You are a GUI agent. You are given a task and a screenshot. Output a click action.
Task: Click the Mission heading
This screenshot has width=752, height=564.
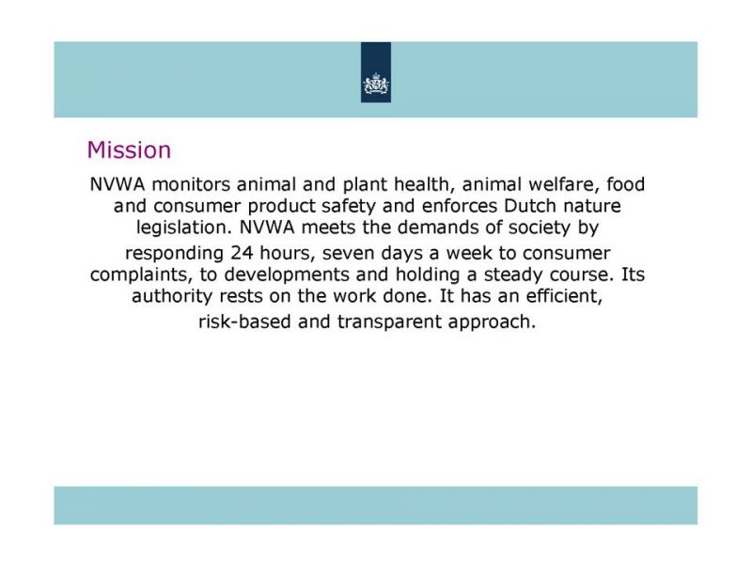tap(129, 149)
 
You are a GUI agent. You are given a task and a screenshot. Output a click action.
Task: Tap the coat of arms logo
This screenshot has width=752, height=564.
tap(376, 84)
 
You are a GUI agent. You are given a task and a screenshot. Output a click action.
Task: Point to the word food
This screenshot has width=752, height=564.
tap(626, 184)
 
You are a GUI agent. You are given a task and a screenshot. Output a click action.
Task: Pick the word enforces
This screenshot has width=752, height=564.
tap(460, 206)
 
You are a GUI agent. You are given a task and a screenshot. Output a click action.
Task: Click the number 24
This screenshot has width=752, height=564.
tap(242, 253)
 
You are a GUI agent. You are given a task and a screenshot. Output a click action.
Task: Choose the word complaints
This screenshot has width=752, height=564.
tap(142, 274)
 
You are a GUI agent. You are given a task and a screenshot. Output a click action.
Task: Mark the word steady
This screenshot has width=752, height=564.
tap(513, 274)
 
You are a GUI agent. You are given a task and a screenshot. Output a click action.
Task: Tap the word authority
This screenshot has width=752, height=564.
tap(172, 296)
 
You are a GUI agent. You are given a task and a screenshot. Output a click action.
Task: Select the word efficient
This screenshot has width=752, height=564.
tap(564, 296)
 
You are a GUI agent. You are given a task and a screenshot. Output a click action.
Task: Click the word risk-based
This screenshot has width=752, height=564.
tap(244, 321)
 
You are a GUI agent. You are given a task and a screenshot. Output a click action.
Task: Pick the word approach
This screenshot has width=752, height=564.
tap(492, 321)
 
